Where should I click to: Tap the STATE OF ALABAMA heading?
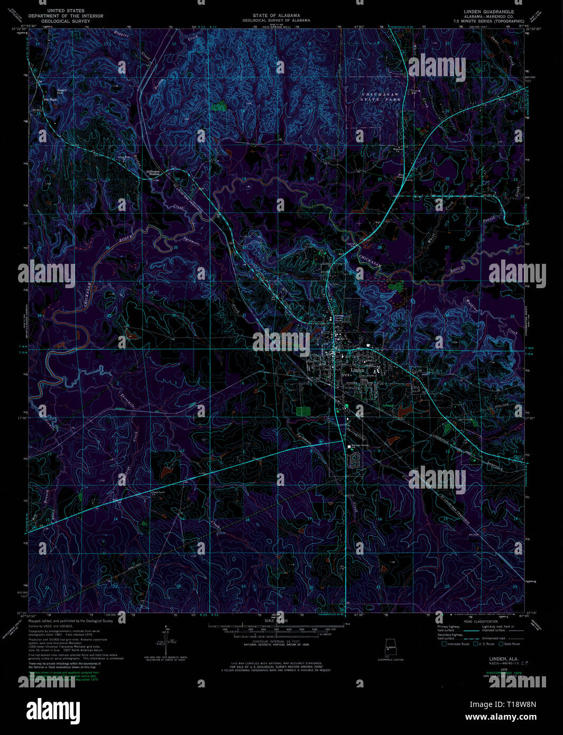click(276, 16)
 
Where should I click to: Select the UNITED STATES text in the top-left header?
click(66, 11)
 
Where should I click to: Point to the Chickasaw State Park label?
click(381, 96)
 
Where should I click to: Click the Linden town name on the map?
click(357, 371)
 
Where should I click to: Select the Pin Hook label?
click(50, 99)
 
